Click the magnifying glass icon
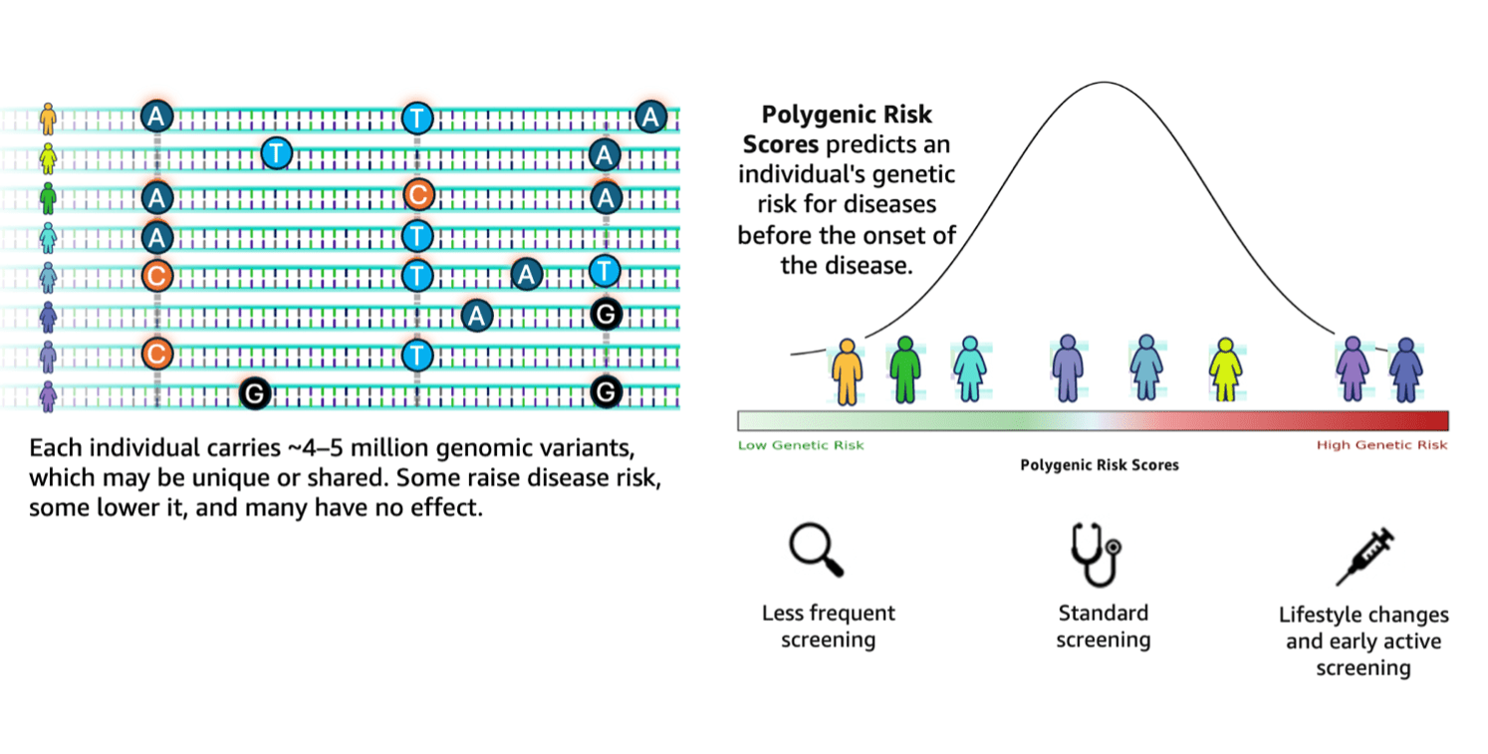coord(815,550)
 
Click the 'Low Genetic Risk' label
coord(801,445)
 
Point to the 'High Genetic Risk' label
coord(1381,445)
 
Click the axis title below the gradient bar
coord(1100,465)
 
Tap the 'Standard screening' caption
coord(1104,626)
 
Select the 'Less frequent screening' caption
coord(829,626)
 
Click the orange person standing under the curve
coord(847,371)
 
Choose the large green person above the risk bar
coord(903,370)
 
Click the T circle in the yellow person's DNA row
coord(276,153)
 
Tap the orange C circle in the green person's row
coord(417,195)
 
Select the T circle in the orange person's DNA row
coord(417,118)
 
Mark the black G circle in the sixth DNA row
coord(606,316)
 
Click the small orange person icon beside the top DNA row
coord(47,119)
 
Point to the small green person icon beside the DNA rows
coord(47,196)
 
